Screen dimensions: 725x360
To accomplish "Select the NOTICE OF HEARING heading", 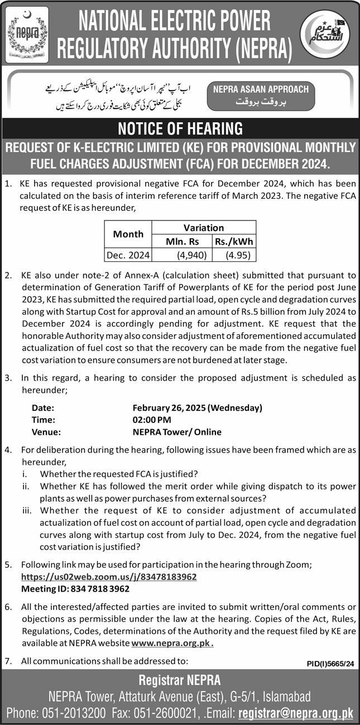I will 180,128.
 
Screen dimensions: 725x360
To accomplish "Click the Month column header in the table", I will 128,234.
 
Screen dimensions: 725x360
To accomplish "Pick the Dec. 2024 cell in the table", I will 128,255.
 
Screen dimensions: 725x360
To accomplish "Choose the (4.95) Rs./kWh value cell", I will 234,255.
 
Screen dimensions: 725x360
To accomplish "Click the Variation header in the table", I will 203,227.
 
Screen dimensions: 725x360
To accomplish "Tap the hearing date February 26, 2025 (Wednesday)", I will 197,407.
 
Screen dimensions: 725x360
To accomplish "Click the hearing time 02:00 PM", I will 152,420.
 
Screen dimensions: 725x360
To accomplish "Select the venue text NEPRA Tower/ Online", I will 177,432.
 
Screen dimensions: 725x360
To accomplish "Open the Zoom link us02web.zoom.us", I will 109,577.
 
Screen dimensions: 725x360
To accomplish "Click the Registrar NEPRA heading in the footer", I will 180,680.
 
